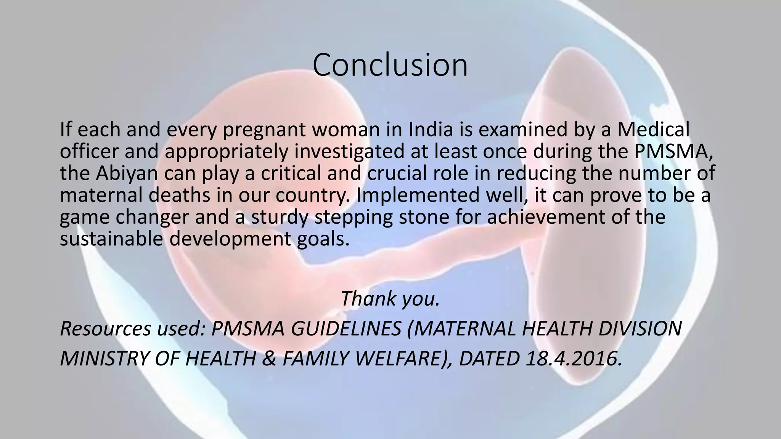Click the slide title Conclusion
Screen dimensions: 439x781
pyautogui.click(x=390, y=65)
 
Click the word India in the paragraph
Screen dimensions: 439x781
pyautogui.click(x=431, y=130)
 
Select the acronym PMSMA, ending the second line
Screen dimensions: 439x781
pyautogui.click(x=673, y=151)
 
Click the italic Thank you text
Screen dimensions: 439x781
pyautogui.click(x=390, y=298)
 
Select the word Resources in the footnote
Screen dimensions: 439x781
pyautogui.click(x=106, y=328)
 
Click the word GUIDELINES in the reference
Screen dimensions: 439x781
pyautogui.click(x=346, y=328)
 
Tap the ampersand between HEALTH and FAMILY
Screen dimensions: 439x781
pyautogui.click(x=270, y=359)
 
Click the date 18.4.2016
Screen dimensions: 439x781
pyautogui.click(x=573, y=359)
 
